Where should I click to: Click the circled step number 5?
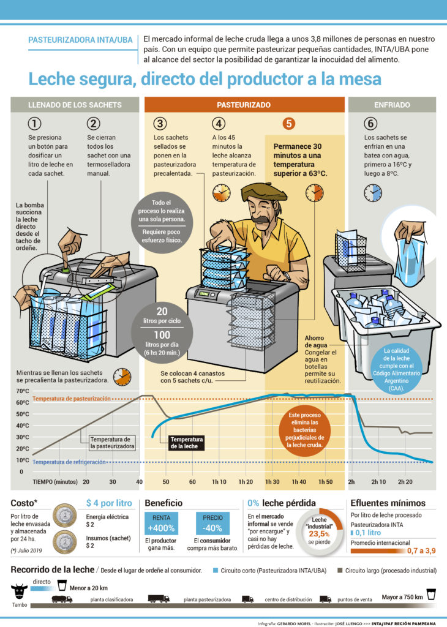pyautogui.click(x=288, y=124)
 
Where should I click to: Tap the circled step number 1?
pyautogui.click(x=34, y=124)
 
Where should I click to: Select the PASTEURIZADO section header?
pyautogui.click(x=244, y=105)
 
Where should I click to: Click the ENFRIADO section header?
pyautogui.click(x=392, y=105)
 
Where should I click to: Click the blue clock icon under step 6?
pyautogui.click(x=373, y=193)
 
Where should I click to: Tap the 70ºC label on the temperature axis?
pyautogui.click(x=23, y=391)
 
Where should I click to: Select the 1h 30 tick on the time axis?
pyautogui.click(x=272, y=482)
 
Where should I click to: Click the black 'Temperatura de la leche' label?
pyautogui.click(x=186, y=443)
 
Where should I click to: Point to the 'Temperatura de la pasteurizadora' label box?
pyautogui.click(x=112, y=443)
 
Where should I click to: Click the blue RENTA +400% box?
pyautogui.click(x=161, y=524)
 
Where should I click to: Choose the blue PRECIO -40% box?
pyautogui.click(x=212, y=524)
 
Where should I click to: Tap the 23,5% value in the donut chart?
pyautogui.click(x=319, y=534)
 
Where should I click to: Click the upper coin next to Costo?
pyautogui.click(x=65, y=515)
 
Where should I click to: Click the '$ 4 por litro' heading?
pyautogui.click(x=109, y=503)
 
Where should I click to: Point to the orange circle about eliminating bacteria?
pyautogui.click(x=305, y=430)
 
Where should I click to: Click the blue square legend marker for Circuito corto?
pyautogui.click(x=216, y=571)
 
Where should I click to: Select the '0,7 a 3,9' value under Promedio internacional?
pyautogui.click(x=421, y=550)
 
